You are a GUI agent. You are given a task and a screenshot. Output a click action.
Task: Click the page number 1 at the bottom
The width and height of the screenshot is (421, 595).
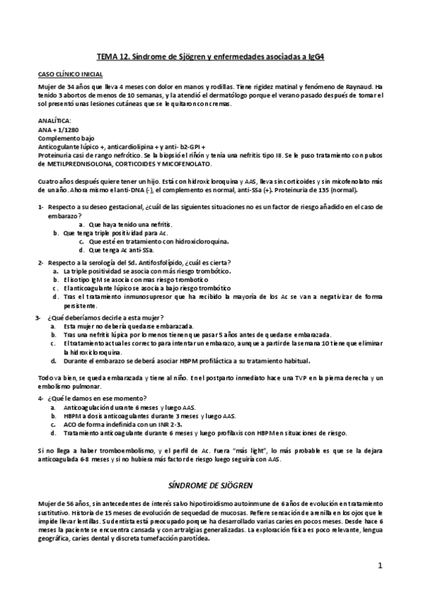pyautogui.click(x=380, y=565)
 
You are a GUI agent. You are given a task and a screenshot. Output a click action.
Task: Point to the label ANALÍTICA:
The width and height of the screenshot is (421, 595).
pyautogui.click(x=52, y=120)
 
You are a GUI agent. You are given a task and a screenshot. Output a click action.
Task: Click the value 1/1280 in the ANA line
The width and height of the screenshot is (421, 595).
pyautogui.click(x=65, y=129)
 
